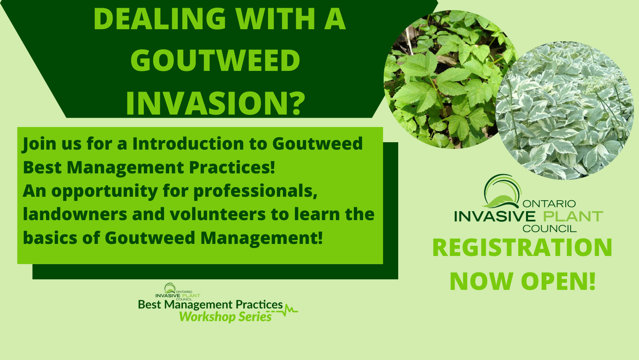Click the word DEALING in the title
(160, 19)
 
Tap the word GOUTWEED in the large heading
(215, 60)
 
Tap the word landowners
(75, 214)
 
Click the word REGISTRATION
(522, 248)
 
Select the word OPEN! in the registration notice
(558, 281)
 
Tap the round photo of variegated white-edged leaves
(565, 111)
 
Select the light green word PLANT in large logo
(573, 217)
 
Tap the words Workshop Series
(225, 317)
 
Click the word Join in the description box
(39, 144)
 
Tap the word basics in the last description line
(50, 238)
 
